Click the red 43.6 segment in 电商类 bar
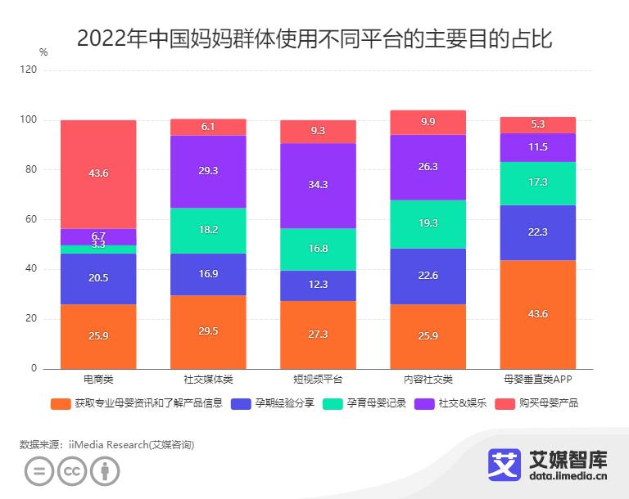[98, 174]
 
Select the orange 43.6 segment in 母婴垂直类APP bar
[537, 314]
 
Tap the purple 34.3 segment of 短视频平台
[318, 186]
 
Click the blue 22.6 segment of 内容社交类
[428, 276]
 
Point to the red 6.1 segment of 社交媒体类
[208, 127]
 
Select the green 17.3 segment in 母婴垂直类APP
[537, 183]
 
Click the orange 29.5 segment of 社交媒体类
[208, 331]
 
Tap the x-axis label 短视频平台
[318, 380]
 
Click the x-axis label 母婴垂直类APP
[537, 380]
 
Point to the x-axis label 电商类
[98, 380]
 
